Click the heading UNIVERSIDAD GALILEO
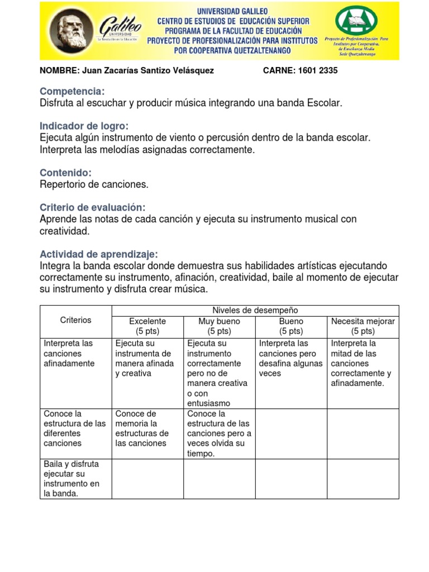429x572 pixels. coord(232,11)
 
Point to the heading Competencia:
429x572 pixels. coord(72,92)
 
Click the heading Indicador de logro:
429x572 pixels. coord(84,126)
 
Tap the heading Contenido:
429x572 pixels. coord(65,173)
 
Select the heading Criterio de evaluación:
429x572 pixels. coord(92,207)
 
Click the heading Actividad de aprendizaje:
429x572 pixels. coord(98,254)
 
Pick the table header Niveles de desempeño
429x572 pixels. coord(255,310)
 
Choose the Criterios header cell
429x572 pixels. coord(75,320)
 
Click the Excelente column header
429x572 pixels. coord(147,326)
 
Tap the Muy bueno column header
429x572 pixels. coord(219,326)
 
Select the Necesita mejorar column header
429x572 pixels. coord(363,326)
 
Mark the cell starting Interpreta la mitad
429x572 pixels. coord(361,363)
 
